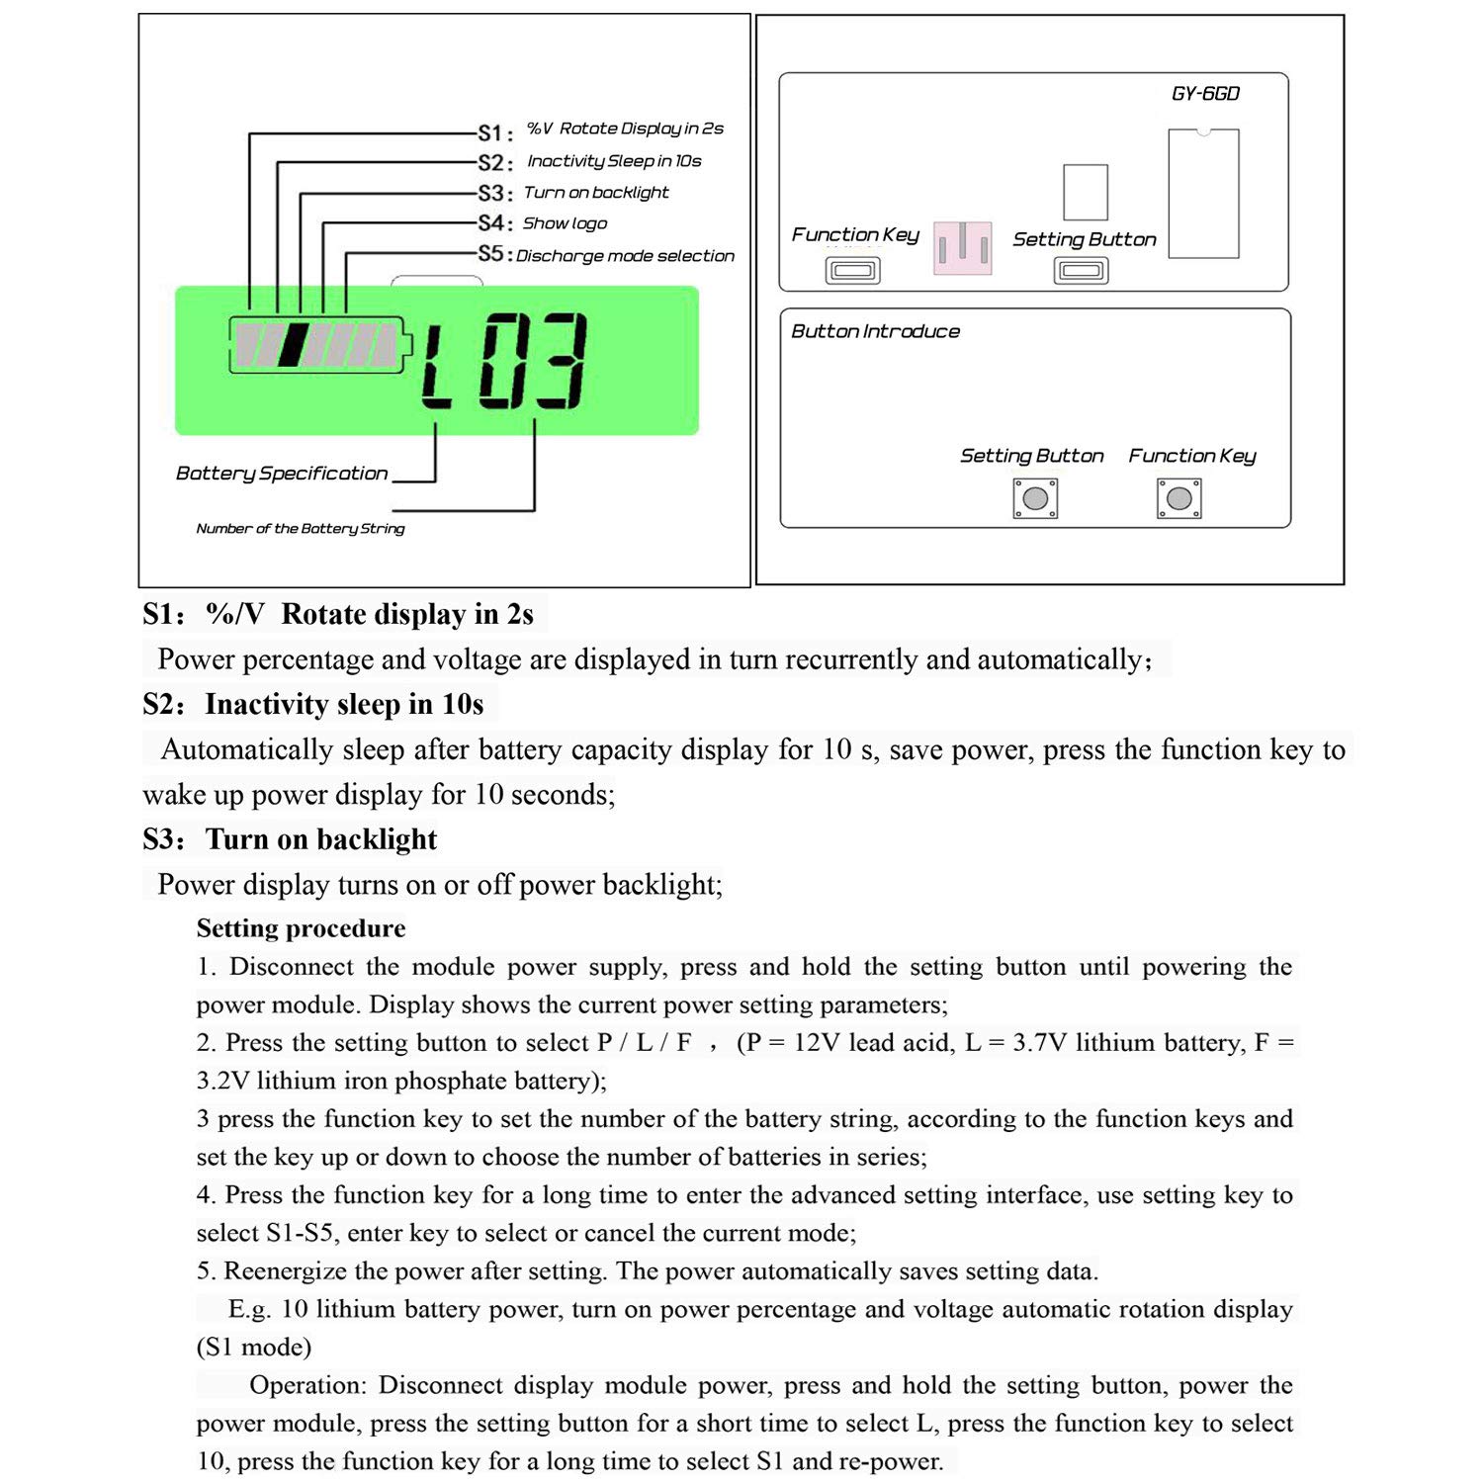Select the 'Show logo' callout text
pos(565,223)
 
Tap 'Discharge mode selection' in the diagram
pos(625,256)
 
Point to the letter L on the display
pos(436,368)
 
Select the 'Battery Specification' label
pos(282,474)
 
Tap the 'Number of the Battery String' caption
pos(301,529)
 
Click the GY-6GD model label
pos(1205,94)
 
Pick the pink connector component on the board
pos(962,248)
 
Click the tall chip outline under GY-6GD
pos(1203,194)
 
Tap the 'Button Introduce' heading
pos(875,331)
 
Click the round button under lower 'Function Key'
pos(1178,498)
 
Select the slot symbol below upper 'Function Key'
pos(852,270)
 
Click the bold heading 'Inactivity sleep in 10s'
pos(344,704)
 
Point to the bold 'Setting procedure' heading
pos(301,928)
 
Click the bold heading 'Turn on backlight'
pos(320,839)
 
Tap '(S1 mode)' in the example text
pos(254,1348)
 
